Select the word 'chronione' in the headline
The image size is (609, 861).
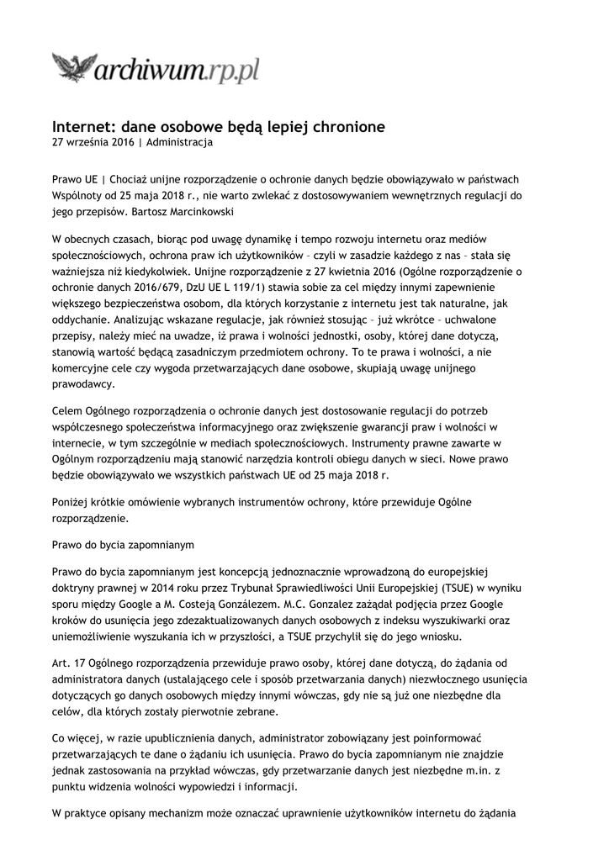(x=348, y=127)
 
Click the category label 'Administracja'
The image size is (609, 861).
(x=179, y=143)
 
